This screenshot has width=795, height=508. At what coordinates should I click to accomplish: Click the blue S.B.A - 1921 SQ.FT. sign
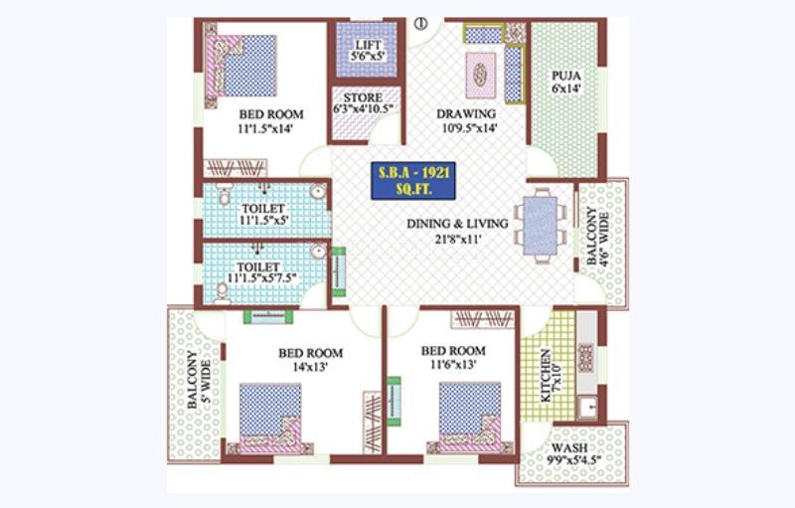pos(413,180)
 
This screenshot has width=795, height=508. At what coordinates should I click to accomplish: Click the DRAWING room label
pos(466,113)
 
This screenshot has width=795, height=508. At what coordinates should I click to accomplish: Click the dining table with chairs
pos(543,227)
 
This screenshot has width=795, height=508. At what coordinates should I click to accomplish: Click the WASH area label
pos(570,447)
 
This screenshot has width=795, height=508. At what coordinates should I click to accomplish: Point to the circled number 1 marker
pos(420,23)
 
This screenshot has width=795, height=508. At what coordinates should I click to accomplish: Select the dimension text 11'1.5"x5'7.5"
pos(261,278)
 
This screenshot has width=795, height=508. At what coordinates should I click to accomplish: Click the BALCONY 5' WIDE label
pos(199,393)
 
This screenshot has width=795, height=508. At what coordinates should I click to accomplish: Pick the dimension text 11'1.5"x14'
pos(270,128)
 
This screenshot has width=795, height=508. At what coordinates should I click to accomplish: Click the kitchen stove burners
pos(585,356)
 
